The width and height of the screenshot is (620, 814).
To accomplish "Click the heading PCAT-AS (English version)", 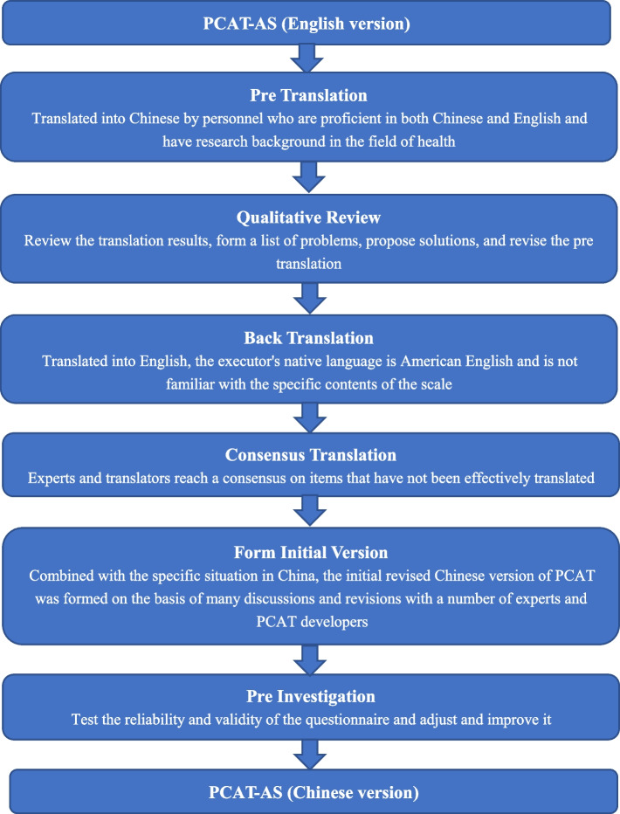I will (310, 22).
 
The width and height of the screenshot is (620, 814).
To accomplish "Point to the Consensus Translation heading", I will (310, 454).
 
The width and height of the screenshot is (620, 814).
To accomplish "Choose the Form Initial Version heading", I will (310, 552).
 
